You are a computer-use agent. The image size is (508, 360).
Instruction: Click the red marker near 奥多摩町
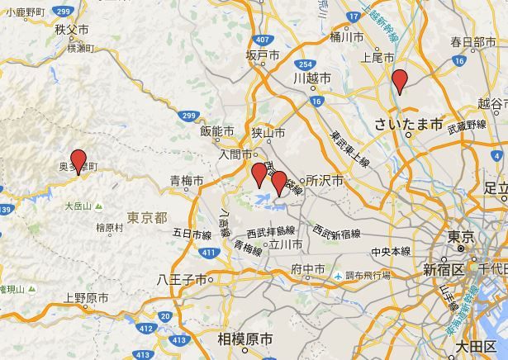coord(78,160)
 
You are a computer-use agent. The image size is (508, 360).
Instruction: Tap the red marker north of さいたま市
coord(400,81)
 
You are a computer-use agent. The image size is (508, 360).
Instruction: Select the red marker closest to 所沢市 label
coord(279,182)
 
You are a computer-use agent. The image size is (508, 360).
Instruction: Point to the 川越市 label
coord(312,78)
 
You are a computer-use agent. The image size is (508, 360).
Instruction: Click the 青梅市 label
coord(187,181)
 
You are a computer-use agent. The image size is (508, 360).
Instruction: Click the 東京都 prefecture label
coord(148,217)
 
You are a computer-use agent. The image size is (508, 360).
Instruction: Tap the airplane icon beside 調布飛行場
coord(339,275)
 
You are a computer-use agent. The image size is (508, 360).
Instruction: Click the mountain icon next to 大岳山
coord(98,206)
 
